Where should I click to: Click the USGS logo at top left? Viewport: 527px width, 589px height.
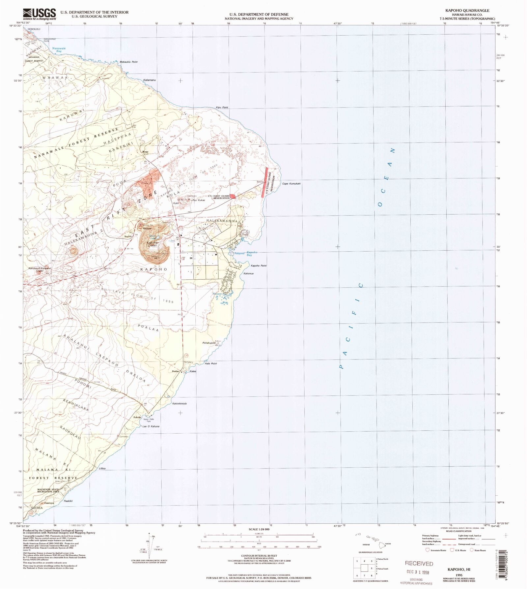(40, 14)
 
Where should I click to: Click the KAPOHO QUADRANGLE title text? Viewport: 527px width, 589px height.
(467, 11)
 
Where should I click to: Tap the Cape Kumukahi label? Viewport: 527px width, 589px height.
(291, 184)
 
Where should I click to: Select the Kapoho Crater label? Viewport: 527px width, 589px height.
(152, 244)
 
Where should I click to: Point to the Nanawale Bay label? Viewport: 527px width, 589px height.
(59, 50)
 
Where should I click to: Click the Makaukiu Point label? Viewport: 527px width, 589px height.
(128, 62)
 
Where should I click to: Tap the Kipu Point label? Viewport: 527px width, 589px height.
(222, 108)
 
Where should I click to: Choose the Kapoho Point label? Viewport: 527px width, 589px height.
(259, 265)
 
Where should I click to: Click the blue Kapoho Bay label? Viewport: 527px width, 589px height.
(252, 254)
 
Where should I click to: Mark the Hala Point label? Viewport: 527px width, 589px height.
(211, 363)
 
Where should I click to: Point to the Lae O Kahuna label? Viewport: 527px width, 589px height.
(151, 426)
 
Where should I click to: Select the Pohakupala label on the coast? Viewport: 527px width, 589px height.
(209, 343)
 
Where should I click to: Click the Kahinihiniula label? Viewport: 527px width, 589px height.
(180, 404)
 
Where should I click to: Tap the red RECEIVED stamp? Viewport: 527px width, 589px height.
(419, 563)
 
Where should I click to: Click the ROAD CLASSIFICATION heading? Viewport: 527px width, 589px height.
(459, 531)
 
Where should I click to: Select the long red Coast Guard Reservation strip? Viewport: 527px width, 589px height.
(264, 182)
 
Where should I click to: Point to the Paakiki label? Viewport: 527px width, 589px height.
(68, 501)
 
